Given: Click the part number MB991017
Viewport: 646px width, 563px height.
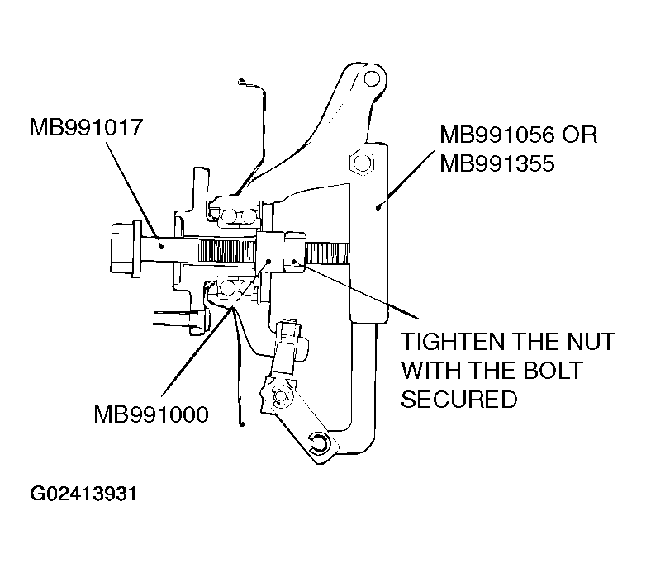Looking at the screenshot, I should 86,129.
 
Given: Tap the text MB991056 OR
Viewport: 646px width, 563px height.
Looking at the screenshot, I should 518,135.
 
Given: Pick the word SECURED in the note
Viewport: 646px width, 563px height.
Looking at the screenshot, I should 458,400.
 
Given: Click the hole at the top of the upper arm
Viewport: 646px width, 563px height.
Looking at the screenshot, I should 373,81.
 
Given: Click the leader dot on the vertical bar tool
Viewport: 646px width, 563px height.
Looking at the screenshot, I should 378,206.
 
